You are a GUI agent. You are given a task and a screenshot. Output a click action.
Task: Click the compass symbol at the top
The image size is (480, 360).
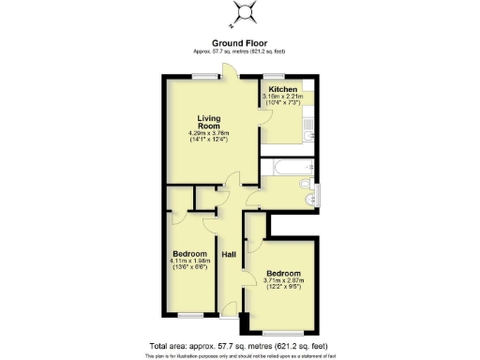click(247, 12)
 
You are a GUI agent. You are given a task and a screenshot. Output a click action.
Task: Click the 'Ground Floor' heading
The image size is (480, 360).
click(239, 43)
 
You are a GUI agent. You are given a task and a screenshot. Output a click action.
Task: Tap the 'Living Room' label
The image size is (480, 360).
click(207, 123)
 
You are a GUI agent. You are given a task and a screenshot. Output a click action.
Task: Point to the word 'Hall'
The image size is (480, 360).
click(228, 254)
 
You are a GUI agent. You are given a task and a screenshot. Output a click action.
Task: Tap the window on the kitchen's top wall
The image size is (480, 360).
click(274, 75)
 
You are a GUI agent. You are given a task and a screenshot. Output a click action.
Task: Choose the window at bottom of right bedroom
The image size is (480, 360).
click(282, 332)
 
